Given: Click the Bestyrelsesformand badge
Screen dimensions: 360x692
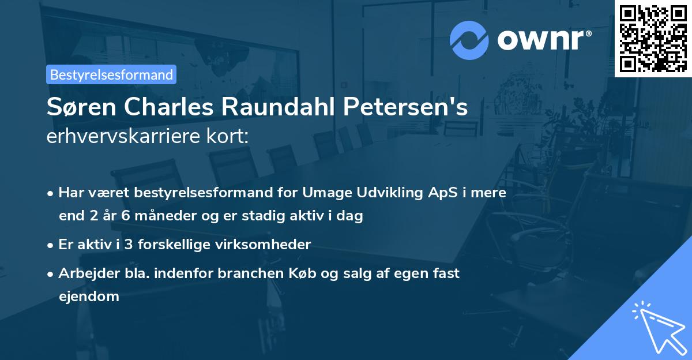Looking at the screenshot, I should pos(111,74).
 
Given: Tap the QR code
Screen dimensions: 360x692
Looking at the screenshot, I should pos(653,38).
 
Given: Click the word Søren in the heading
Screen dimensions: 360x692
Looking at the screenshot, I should pos(79,108).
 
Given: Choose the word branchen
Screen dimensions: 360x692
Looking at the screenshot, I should pos(247,273).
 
